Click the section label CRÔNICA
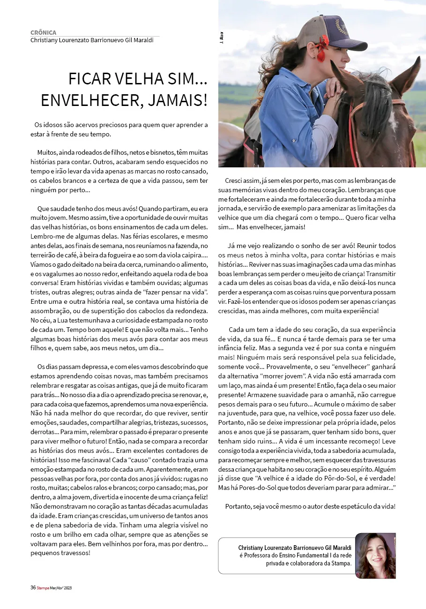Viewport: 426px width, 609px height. coord(43,33)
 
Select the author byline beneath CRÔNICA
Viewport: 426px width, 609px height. coord(92,40)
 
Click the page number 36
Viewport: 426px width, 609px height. coord(33,587)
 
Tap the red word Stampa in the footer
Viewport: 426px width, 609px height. coord(43,587)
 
